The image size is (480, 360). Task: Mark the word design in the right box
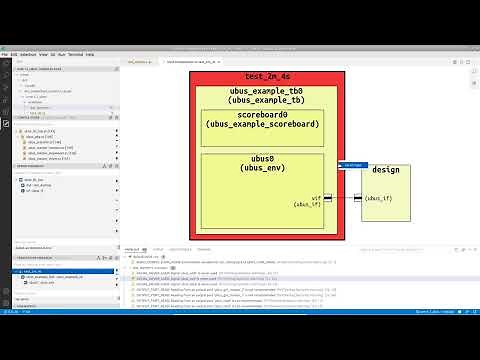pos(385,170)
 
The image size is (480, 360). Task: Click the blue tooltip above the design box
pos(351,165)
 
